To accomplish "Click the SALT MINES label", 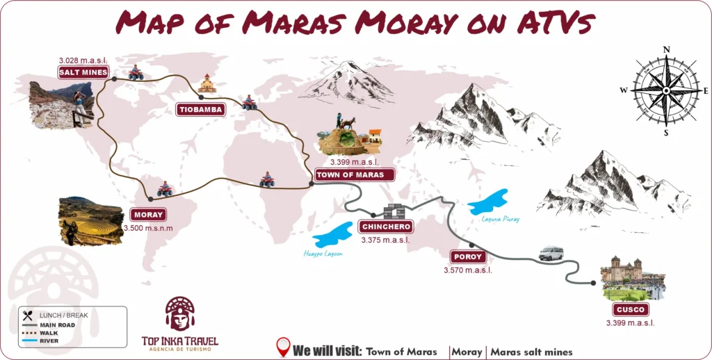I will click(x=83, y=72).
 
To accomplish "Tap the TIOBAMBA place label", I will click(x=200, y=110).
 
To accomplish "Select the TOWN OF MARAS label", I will click(x=350, y=175).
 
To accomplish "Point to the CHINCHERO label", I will click(x=385, y=227).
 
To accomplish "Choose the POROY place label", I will click(x=467, y=256).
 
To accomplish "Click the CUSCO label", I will click(x=631, y=309).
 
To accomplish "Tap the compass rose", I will click(x=666, y=90).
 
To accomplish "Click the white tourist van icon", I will click(x=551, y=253).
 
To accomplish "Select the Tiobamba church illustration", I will click(x=207, y=84).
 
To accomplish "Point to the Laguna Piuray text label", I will click(x=501, y=219).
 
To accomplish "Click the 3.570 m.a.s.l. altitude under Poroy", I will click(x=467, y=270).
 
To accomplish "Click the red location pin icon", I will click(x=283, y=346).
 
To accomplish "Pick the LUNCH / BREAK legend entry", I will click(x=63, y=316).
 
